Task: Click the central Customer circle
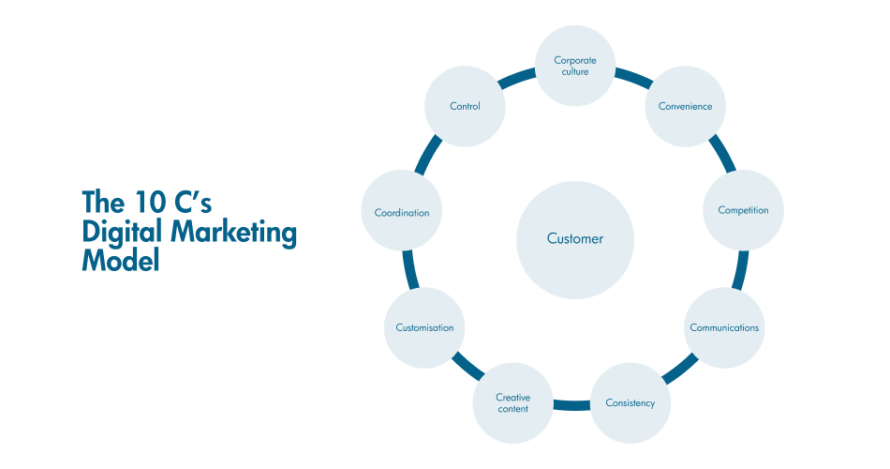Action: tap(575, 239)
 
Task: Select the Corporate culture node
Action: tap(575, 66)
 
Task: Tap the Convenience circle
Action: tap(685, 106)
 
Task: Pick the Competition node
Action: tap(743, 210)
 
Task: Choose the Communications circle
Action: tap(724, 327)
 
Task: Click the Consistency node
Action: tap(630, 403)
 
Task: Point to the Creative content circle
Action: tap(512, 403)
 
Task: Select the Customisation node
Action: tap(423, 327)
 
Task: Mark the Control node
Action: tap(465, 106)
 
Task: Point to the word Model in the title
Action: tap(121, 261)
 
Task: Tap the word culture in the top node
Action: tap(575, 72)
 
